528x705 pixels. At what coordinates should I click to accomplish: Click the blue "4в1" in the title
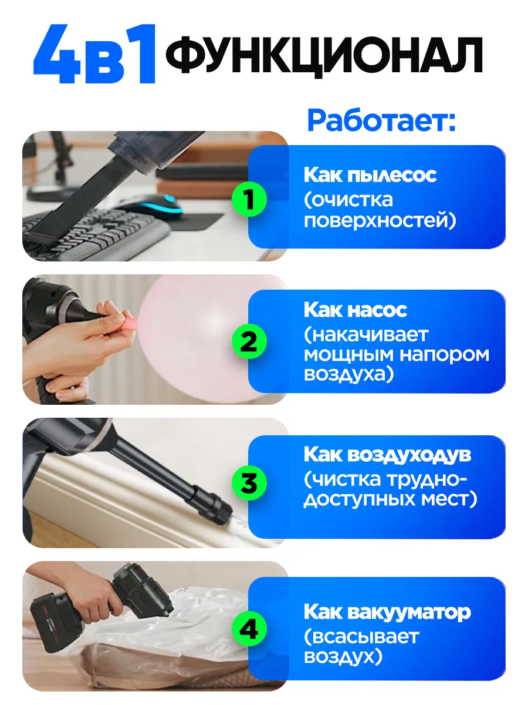coord(94,54)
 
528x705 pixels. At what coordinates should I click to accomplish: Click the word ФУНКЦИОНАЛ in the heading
coord(324,55)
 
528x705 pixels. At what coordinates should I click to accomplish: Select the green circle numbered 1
coord(249,199)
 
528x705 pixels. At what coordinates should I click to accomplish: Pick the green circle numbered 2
coord(249,341)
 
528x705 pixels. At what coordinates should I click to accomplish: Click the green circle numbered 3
coord(249,483)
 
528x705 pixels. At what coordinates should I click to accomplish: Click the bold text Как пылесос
coord(370,175)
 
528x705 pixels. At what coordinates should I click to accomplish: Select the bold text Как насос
coord(356,310)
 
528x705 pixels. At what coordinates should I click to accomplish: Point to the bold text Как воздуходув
coord(388,455)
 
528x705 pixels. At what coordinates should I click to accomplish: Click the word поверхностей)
coord(380,221)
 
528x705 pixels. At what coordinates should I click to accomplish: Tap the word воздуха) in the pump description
coord(349,375)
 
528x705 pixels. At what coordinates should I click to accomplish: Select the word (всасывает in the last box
coord(361,637)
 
